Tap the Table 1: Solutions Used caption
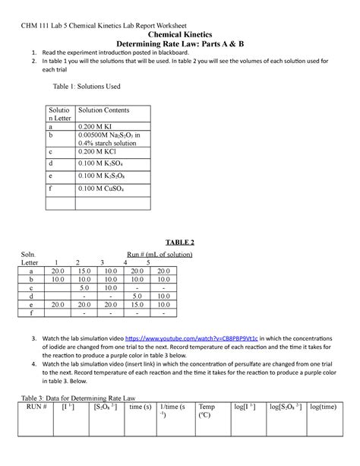pos(84,87)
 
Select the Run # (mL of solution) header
pos(161,253)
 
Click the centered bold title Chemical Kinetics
pos(179,34)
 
